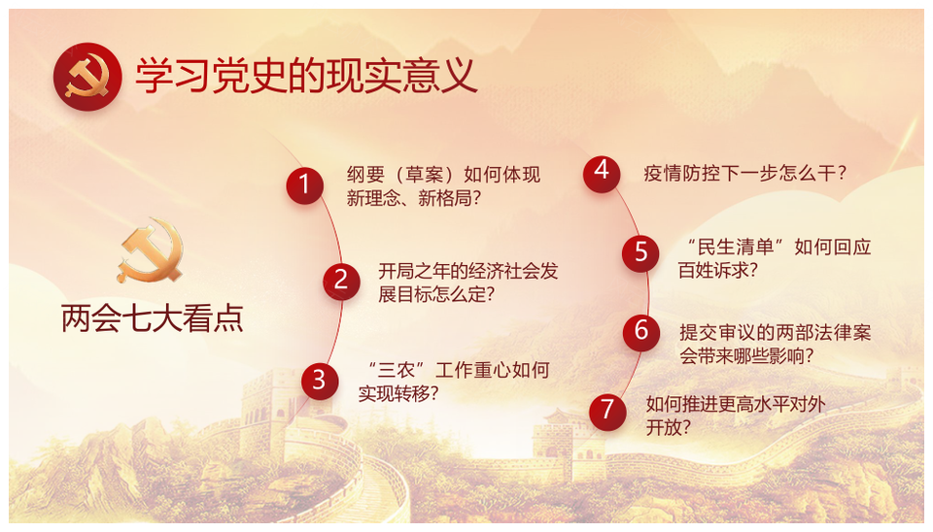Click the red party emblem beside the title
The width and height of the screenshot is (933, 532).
click(87, 77)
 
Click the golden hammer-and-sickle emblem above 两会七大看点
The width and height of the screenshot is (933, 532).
click(151, 250)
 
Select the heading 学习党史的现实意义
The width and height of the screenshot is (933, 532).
click(306, 76)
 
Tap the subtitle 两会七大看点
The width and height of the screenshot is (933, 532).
click(153, 318)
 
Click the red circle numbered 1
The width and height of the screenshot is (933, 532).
click(304, 185)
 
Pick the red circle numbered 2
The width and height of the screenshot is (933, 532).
click(341, 282)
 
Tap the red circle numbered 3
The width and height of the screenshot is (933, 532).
click(320, 381)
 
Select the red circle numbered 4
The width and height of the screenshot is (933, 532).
click(602, 174)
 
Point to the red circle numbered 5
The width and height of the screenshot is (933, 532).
click(640, 253)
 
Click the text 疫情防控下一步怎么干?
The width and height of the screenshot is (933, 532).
click(745, 173)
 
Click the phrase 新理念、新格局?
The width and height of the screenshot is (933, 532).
click(414, 198)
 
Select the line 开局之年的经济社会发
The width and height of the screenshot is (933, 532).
click(468, 271)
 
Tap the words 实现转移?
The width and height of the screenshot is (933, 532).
click(398, 393)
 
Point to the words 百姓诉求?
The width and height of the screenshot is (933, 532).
click(718, 270)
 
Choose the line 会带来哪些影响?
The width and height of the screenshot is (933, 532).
click(746, 355)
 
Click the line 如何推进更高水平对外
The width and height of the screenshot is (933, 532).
click(736, 404)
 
